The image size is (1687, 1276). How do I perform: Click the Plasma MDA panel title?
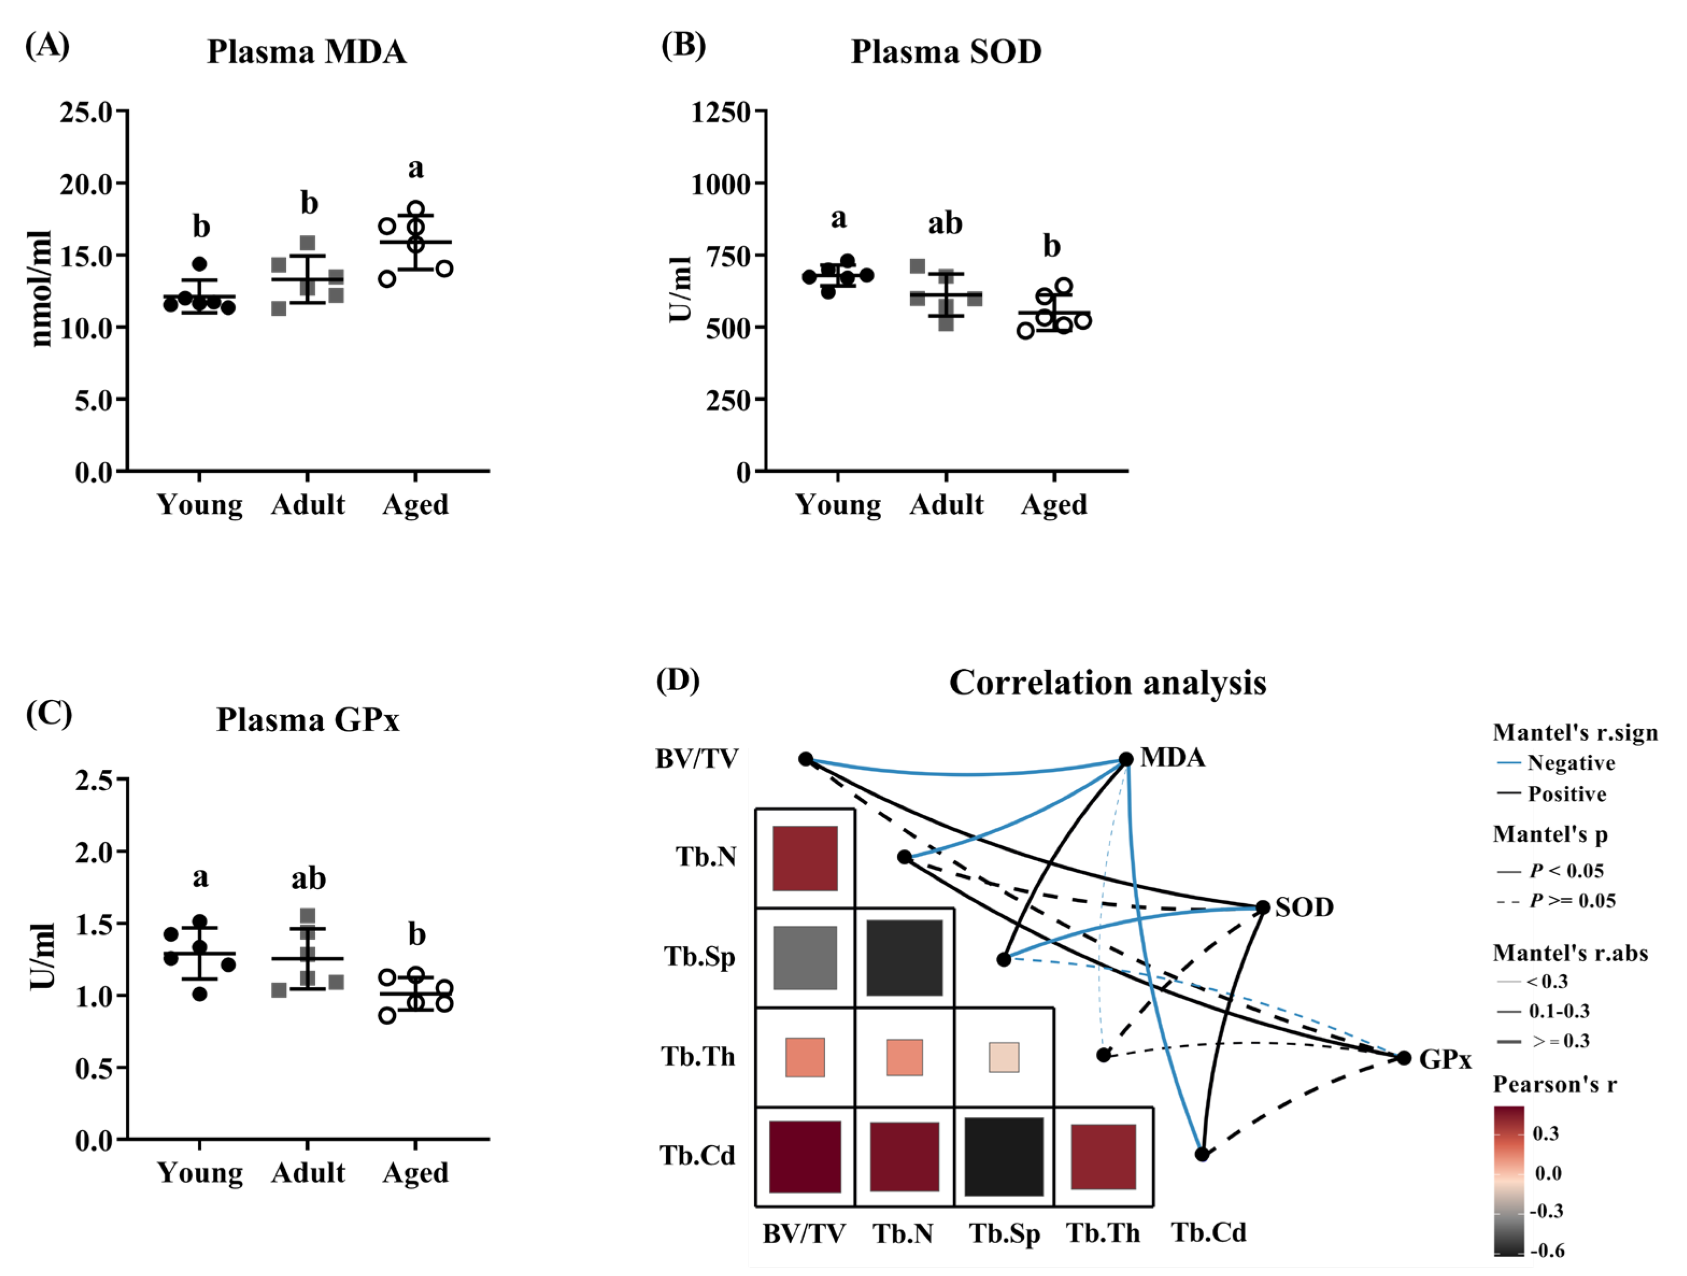307,52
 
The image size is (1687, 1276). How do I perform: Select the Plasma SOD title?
946,52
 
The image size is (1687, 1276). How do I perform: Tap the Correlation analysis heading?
1108,683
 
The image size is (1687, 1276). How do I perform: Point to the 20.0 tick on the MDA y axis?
86,184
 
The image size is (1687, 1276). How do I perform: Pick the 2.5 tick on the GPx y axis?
94,780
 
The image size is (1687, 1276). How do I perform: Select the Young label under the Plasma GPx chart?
200,1172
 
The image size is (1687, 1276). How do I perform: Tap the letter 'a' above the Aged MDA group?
416,168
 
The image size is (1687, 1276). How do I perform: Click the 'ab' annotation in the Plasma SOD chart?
945,223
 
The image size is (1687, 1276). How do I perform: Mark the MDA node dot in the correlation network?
1126,759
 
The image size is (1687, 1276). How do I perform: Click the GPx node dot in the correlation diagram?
1404,1058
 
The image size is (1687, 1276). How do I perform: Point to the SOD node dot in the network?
1262,908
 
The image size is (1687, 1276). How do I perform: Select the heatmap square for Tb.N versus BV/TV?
805,858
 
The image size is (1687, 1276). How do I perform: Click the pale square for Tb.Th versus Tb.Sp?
1004,1057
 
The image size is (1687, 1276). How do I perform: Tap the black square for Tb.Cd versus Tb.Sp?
1004,1156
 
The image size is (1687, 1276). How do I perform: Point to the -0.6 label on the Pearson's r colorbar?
1548,1250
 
